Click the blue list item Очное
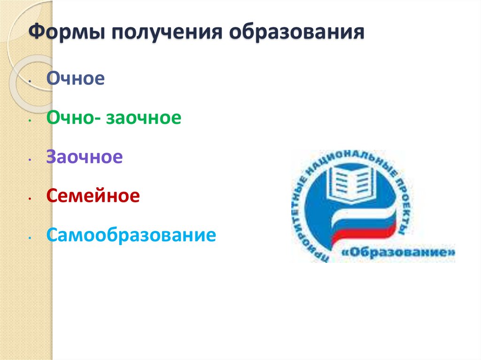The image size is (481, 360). pyautogui.click(x=75, y=78)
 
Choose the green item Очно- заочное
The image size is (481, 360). pyautogui.click(x=114, y=118)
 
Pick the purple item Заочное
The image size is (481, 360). pyautogui.click(x=85, y=157)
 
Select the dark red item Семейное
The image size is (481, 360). pyautogui.click(x=93, y=196)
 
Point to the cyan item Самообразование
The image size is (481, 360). pyautogui.click(x=131, y=235)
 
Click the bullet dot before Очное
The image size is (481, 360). pyautogui.click(x=30, y=81)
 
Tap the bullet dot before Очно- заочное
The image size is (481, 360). pyautogui.click(x=30, y=121)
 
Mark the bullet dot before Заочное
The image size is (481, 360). pyautogui.click(x=30, y=160)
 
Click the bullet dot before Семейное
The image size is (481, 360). pyautogui.click(x=30, y=199)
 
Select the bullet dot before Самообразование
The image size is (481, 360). pyautogui.click(x=30, y=237)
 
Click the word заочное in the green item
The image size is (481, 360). pyautogui.click(x=143, y=118)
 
